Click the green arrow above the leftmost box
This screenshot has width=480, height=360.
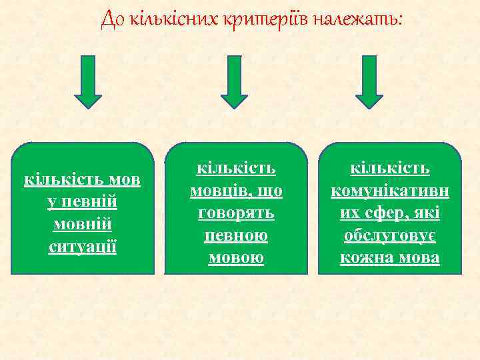point(88,81)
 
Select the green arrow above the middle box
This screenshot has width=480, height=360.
point(234,81)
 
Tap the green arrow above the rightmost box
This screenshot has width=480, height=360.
point(369,81)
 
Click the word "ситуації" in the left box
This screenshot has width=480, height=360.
point(83,247)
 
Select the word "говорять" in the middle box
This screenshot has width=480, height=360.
point(236,214)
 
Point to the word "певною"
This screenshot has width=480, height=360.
point(236,236)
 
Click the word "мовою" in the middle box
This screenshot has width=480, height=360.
point(236,258)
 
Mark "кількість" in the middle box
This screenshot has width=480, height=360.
point(236,170)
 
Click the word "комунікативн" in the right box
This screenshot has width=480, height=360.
point(390,192)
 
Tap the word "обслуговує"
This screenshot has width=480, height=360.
point(390,236)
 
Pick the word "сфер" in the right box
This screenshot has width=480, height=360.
point(383,214)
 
